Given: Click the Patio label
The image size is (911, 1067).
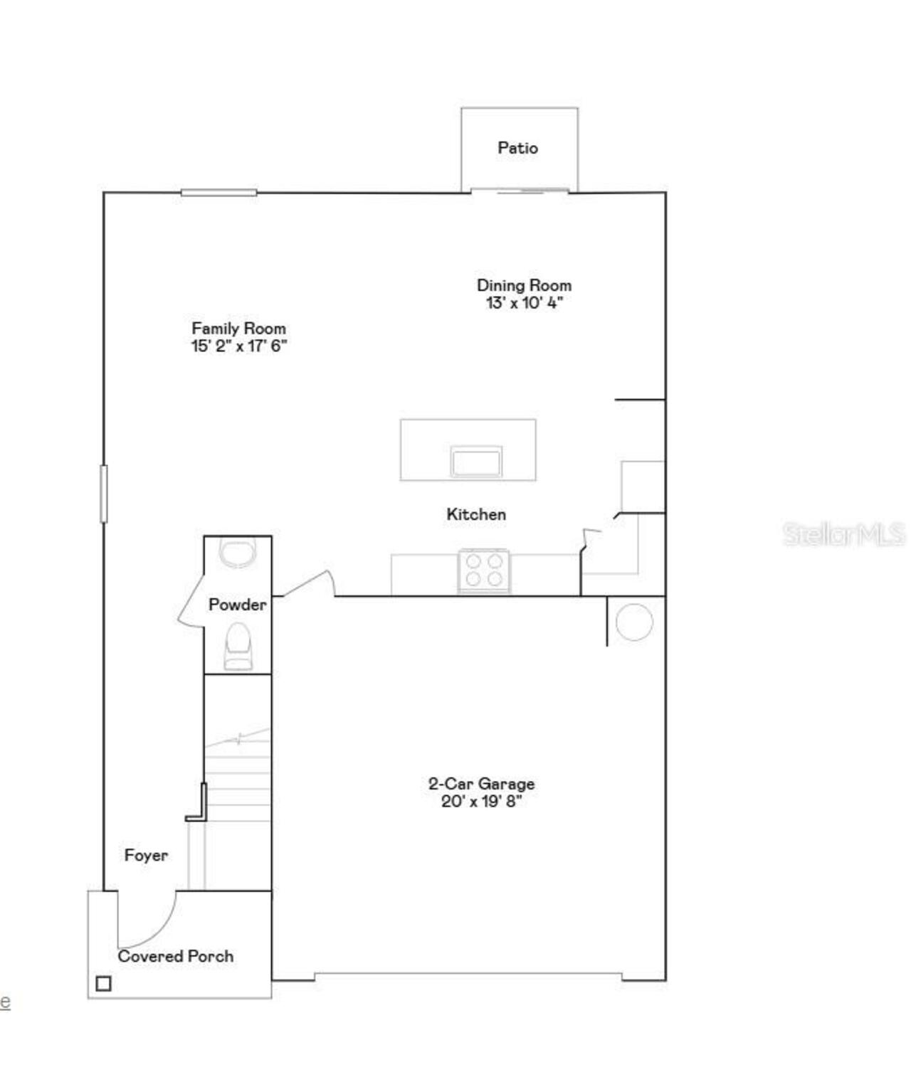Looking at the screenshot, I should click(517, 148).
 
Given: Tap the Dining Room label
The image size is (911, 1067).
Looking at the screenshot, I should click(524, 285).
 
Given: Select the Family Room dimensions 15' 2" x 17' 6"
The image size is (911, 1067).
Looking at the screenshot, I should click(238, 346).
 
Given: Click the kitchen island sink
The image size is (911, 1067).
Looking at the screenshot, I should click(476, 462).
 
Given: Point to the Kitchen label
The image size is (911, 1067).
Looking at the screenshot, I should click(476, 514).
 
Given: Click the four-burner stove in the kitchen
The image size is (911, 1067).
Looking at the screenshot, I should click(484, 570).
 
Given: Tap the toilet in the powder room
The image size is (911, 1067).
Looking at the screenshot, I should click(238, 646).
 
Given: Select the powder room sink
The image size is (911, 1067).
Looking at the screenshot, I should click(237, 552).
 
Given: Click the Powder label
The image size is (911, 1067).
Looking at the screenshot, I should click(237, 605).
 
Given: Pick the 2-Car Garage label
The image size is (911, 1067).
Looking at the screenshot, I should click(481, 784).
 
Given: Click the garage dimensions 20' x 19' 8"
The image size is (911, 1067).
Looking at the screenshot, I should click(481, 802).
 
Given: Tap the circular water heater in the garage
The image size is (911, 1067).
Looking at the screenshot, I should click(633, 622).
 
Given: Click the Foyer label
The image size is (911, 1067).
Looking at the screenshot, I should click(146, 855).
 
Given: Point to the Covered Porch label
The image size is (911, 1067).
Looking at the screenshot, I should click(175, 956).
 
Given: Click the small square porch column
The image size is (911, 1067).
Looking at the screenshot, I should click(103, 984).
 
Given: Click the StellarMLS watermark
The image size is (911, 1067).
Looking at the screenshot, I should click(843, 534).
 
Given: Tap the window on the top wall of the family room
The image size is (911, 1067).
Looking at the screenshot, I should click(218, 192).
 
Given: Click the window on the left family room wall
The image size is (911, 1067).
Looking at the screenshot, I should click(104, 493).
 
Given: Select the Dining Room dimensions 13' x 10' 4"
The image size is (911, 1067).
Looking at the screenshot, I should click(524, 303).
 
